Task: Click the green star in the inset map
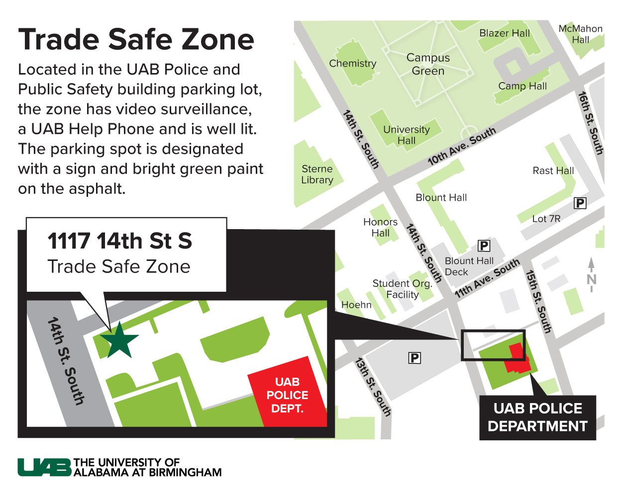(x=119, y=340)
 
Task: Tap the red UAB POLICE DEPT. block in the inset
(x=287, y=395)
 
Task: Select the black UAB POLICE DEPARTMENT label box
(x=537, y=417)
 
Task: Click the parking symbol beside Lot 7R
(x=580, y=203)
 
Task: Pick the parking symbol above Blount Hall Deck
(x=484, y=246)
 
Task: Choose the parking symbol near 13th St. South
(x=415, y=358)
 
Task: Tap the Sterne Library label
(x=317, y=174)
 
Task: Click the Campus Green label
(x=428, y=64)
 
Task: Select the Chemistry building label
(x=352, y=64)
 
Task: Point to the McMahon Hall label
(x=580, y=34)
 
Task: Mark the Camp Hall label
(x=522, y=86)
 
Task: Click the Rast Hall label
(x=553, y=170)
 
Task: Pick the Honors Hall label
(x=380, y=227)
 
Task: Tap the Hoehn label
(x=356, y=305)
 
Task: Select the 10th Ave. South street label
(x=462, y=146)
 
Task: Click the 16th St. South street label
(x=591, y=123)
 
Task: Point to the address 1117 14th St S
(x=119, y=241)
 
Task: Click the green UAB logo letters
(x=45, y=467)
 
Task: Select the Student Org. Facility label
(x=402, y=289)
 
